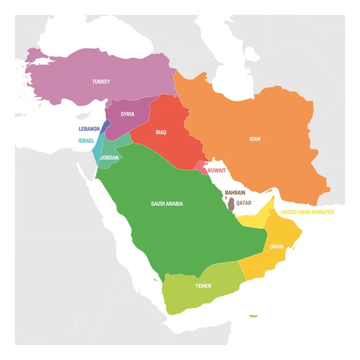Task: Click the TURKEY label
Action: (101, 82)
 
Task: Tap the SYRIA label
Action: (127, 114)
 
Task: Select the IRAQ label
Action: (160, 133)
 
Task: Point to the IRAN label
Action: (255, 139)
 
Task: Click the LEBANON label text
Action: (89, 129)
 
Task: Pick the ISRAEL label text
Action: (86, 140)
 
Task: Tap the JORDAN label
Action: (109, 157)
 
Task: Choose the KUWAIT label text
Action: (217, 170)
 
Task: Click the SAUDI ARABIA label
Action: (167, 204)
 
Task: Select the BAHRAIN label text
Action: (235, 193)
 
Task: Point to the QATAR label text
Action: (244, 203)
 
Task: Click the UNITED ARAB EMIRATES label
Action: (307, 212)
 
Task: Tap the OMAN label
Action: (276, 247)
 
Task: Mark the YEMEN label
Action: (203, 286)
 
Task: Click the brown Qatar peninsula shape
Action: (231, 203)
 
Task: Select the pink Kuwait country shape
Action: (205, 170)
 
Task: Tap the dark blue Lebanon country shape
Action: (105, 128)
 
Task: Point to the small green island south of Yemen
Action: (253, 316)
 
